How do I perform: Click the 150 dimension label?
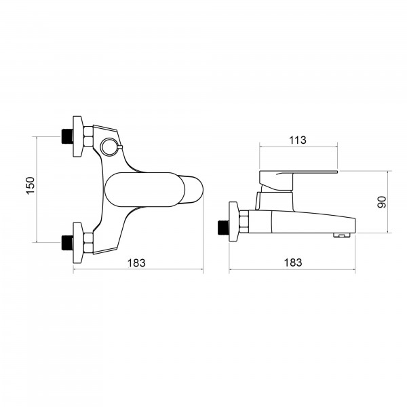(31, 185)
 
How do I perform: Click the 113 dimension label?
(298, 140)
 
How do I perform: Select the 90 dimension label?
(381, 202)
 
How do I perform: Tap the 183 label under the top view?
(136, 263)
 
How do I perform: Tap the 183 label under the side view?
(293, 263)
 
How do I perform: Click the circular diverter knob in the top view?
(109, 147)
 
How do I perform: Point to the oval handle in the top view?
(145, 189)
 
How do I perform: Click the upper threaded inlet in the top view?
(67, 136)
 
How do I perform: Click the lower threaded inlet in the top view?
(67, 243)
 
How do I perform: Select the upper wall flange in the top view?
(78, 136)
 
